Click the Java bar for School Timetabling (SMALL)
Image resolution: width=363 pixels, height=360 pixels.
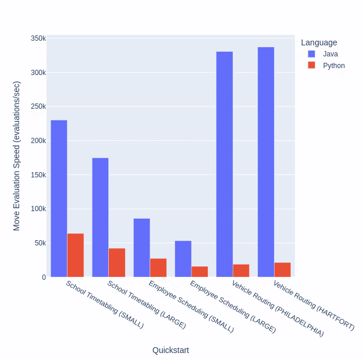(59, 198)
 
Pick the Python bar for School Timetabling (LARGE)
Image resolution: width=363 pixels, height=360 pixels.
(117, 262)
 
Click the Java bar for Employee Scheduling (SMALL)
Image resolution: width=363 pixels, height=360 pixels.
(141, 247)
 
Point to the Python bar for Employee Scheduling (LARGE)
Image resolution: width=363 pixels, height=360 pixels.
(200, 271)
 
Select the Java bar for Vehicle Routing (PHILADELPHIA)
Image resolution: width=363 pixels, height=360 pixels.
(225, 164)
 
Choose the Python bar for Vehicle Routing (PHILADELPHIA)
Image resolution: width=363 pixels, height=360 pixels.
(241, 270)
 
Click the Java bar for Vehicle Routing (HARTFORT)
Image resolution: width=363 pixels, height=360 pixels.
(266, 162)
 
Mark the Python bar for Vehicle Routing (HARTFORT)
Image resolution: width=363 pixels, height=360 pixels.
(282, 269)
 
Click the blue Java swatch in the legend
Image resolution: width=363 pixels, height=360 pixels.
(311, 54)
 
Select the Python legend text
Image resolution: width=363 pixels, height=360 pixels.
(334, 66)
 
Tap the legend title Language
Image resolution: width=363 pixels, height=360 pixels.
(319, 42)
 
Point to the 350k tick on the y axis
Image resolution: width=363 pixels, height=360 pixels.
(38, 38)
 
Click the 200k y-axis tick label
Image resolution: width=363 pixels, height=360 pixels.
(38, 141)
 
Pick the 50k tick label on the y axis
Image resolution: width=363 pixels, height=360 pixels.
(40, 243)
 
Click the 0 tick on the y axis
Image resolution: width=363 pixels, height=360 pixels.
(44, 277)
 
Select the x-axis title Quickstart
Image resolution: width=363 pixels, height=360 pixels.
(170, 350)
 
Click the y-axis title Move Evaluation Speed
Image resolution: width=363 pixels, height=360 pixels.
(16, 156)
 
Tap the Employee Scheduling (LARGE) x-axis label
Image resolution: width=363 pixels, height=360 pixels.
(233, 307)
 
